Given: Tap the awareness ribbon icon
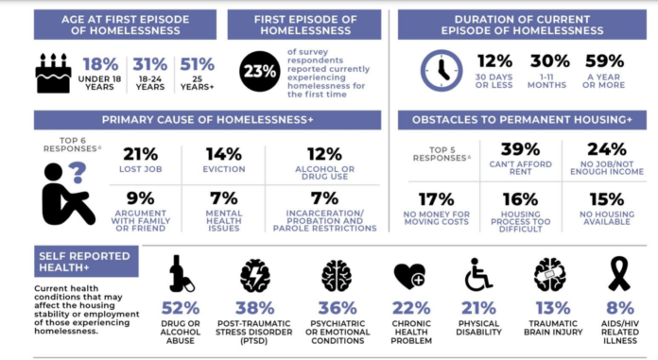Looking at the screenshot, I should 618,275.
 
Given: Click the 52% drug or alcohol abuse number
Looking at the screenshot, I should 181,309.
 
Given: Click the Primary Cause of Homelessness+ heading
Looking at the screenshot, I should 207,120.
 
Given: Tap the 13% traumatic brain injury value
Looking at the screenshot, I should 548,309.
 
